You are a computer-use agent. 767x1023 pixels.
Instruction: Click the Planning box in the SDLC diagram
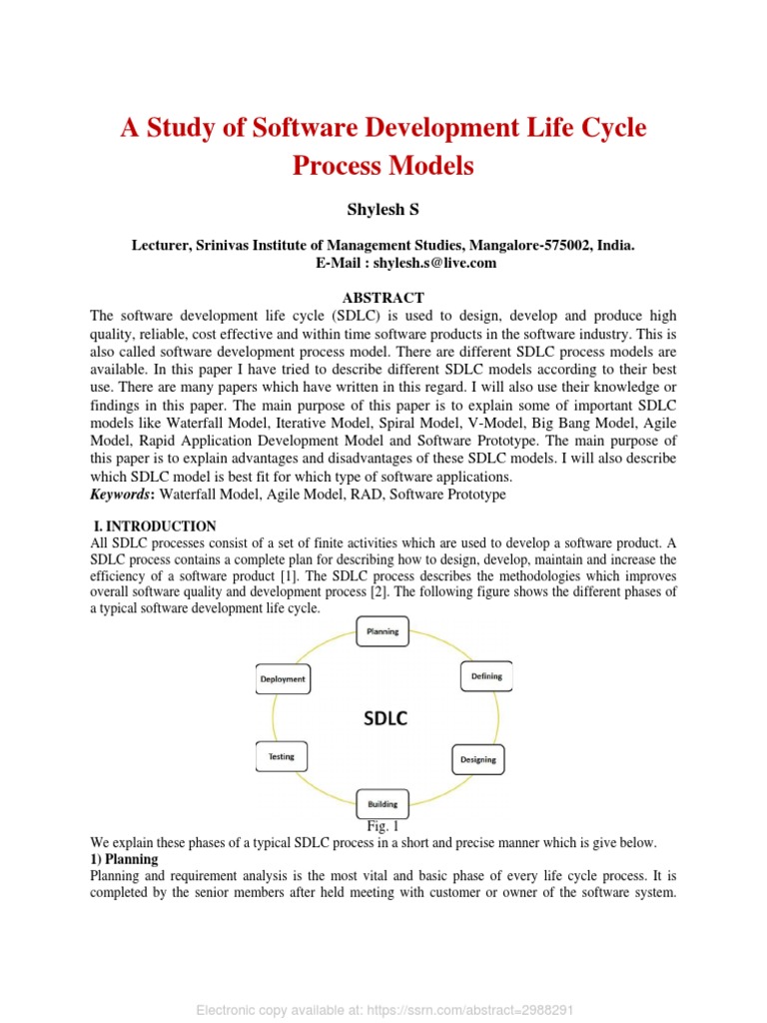click(x=383, y=631)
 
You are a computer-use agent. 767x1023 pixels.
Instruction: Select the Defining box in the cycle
click(x=486, y=676)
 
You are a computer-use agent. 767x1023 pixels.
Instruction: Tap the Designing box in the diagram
click(x=477, y=759)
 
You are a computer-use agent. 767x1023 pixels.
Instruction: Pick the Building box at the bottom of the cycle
click(x=383, y=803)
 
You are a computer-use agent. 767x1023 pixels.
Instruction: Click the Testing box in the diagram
click(x=282, y=756)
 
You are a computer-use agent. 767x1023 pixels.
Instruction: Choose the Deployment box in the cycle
click(x=283, y=679)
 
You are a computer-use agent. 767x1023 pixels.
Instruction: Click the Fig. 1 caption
click(x=383, y=826)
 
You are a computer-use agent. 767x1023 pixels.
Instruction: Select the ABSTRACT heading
click(x=383, y=298)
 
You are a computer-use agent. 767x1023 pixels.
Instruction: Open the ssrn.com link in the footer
click(x=467, y=1010)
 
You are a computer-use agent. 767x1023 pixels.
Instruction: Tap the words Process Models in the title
click(x=383, y=166)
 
